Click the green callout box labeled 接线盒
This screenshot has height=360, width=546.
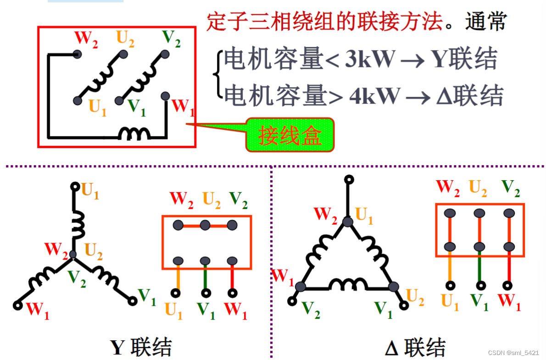290,135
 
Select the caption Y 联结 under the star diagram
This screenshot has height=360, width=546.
141,347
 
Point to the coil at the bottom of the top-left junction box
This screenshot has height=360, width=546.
134,133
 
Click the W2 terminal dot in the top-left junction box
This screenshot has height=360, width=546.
77,54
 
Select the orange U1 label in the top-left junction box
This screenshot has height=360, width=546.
97,107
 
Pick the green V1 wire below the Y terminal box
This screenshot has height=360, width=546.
205,277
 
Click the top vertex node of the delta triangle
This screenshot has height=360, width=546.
348,222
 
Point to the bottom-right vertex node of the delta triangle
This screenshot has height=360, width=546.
393,287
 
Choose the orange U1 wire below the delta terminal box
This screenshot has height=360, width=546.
450,268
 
